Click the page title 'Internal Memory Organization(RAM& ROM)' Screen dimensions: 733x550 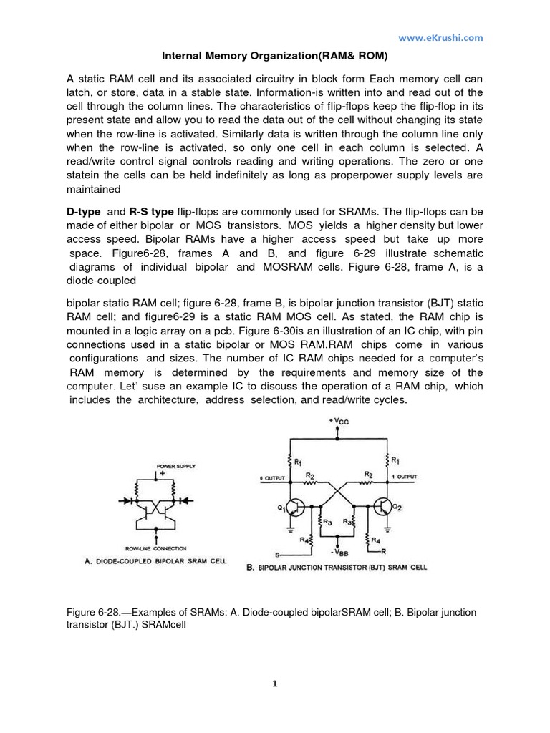coord(274,54)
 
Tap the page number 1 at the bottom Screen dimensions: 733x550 coord(275,684)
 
